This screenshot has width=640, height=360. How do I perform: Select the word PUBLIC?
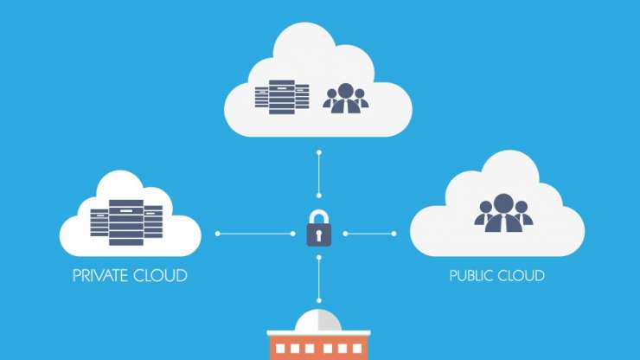(x=472, y=276)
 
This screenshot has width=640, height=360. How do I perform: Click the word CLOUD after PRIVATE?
(x=162, y=276)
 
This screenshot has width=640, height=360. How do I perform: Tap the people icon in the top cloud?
(x=346, y=97)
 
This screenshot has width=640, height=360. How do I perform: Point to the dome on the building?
(x=319, y=322)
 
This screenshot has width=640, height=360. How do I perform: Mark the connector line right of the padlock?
(x=370, y=234)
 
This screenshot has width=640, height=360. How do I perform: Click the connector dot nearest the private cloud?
(x=217, y=234)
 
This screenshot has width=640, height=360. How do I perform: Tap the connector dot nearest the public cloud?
(x=395, y=234)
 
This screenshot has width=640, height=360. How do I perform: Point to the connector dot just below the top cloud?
(x=319, y=152)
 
